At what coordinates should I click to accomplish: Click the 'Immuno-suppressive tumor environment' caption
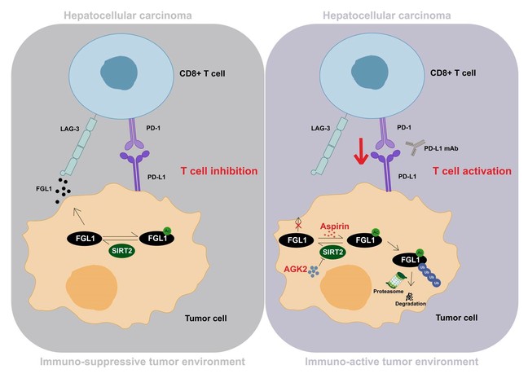[130, 361]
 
